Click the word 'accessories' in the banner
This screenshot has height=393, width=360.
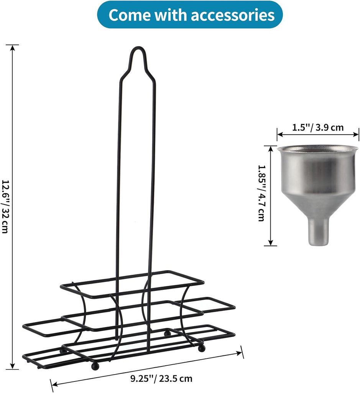233,15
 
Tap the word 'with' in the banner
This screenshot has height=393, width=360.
170,15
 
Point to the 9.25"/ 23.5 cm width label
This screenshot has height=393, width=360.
161,378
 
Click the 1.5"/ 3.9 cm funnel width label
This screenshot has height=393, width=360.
318,127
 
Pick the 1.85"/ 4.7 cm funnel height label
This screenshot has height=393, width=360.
261,193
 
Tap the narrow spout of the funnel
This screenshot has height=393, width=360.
318,232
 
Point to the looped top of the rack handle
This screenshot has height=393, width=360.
138,48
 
